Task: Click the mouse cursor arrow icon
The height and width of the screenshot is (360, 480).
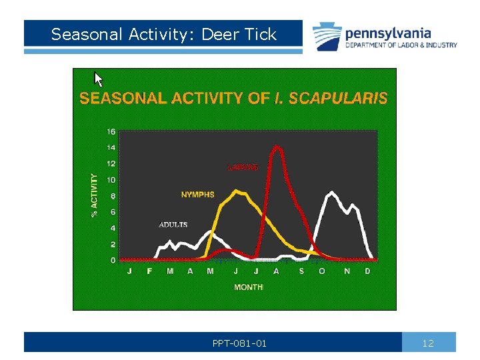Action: click(x=99, y=80)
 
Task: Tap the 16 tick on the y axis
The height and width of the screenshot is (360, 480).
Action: click(x=112, y=131)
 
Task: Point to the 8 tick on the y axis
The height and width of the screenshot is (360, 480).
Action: click(x=113, y=196)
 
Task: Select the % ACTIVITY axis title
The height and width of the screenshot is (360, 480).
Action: click(x=94, y=195)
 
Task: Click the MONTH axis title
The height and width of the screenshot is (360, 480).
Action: click(x=248, y=287)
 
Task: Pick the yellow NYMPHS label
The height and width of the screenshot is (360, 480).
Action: click(x=198, y=195)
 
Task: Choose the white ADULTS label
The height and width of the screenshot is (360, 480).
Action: click(x=173, y=225)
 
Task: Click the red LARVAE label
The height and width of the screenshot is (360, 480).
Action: click(x=243, y=167)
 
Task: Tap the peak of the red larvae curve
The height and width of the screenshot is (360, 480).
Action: click(x=277, y=147)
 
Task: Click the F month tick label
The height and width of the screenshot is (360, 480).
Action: click(x=149, y=271)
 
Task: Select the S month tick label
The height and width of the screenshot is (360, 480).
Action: click(x=301, y=271)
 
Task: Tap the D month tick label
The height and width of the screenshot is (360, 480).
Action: click(x=367, y=271)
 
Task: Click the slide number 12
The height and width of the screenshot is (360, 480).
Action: click(x=428, y=343)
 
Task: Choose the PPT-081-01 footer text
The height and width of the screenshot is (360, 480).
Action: click(x=239, y=343)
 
